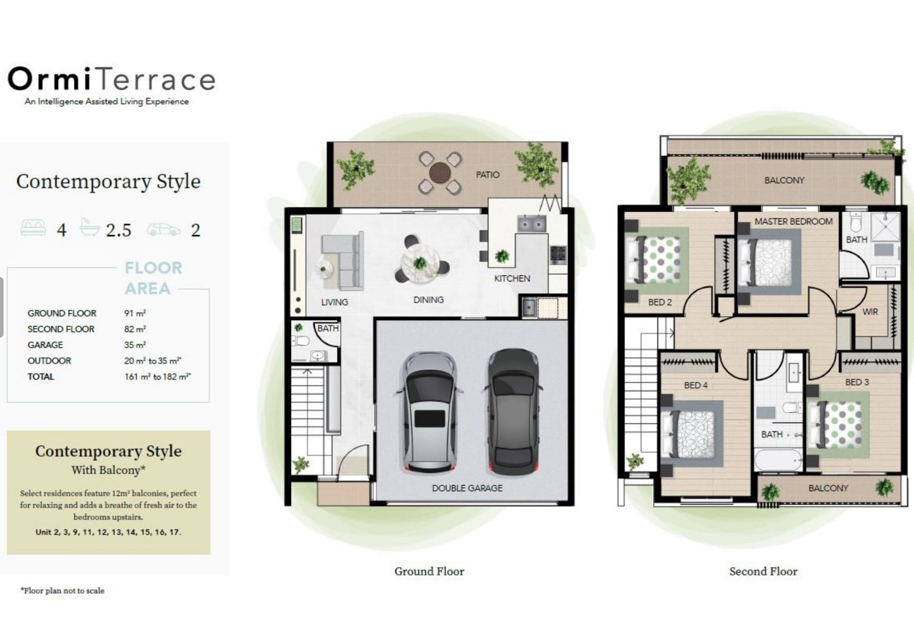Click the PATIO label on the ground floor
click(x=487, y=175)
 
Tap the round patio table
click(x=440, y=173)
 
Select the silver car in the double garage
click(x=430, y=411)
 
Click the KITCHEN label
click(x=512, y=278)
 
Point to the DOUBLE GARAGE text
click(x=467, y=488)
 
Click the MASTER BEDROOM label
click(x=793, y=221)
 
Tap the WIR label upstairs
click(x=870, y=311)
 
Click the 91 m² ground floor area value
click(x=135, y=313)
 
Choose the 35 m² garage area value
click(x=135, y=345)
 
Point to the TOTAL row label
click(x=40, y=377)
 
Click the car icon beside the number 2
click(x=163, y=229)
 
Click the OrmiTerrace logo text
click(x=112, y=79)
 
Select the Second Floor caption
click(x=763, y=571)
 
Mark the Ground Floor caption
click(x=429, y=571)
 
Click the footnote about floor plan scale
click(x=63, y=591)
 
